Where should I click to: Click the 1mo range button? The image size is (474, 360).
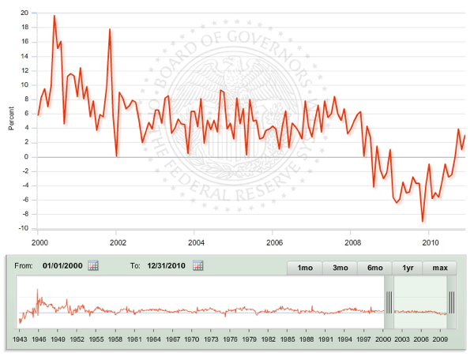point(304,268)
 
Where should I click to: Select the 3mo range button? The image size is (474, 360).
point(340,268)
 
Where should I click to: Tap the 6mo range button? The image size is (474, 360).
point(375,268)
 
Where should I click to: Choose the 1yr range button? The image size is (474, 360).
point(408,268)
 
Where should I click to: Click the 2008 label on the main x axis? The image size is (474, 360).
point(352,242)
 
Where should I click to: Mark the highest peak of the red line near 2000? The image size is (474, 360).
point(55,16)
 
